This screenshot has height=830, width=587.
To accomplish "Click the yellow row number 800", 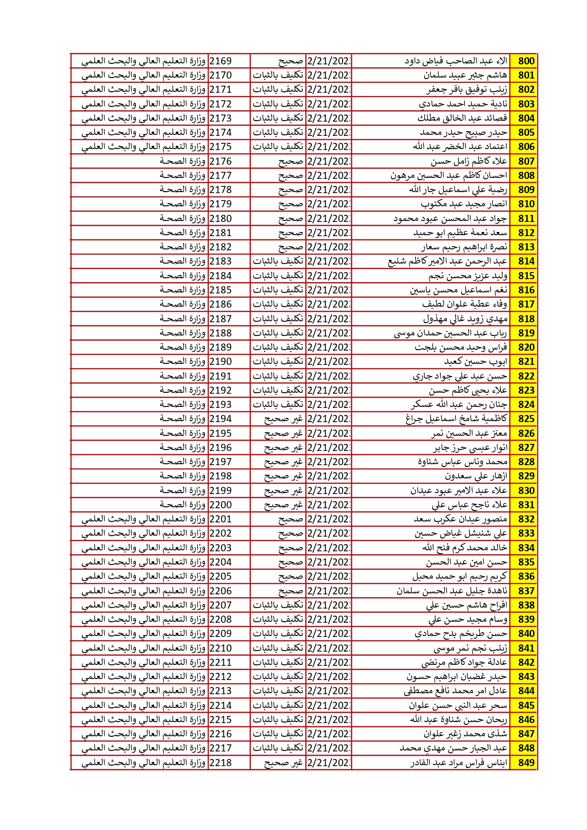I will click(526, 61).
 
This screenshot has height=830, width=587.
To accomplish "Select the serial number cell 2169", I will click(221, 61).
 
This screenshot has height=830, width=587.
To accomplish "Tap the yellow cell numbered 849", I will click(526, 762).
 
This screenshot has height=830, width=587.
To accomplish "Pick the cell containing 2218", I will click(221, 762).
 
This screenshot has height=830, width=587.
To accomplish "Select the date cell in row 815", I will click(329, 275).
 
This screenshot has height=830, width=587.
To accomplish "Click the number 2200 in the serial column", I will click(221, 505).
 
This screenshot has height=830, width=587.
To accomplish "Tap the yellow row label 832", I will click(526, 519).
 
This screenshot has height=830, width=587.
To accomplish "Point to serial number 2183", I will click(221, 261).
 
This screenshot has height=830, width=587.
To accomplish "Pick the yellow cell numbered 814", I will click(526, 261).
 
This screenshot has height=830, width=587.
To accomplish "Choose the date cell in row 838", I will click(329, 605).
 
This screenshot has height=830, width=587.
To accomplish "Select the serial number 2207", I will click(221, 605).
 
